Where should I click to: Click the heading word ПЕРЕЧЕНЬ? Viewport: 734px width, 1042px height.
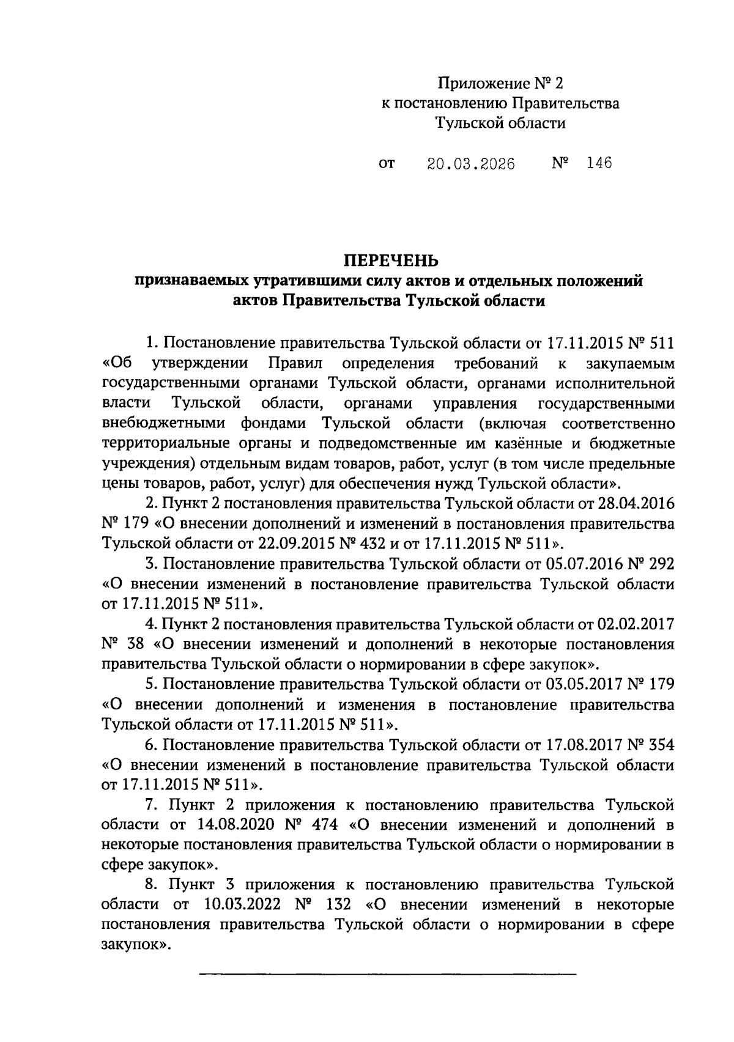pyautogui.click(x=390, y=261)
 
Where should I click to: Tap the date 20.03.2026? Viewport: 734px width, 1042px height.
pyautogui.click(x=470, y=164)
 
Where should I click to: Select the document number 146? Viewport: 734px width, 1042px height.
pyautogui.click(x=598, y=163)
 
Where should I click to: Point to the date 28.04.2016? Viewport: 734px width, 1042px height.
pyautogui.click(x=635, y=504)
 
